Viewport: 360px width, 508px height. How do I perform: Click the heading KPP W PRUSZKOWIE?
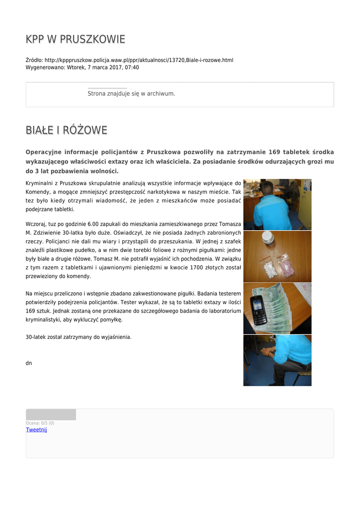click(x=75, y=39)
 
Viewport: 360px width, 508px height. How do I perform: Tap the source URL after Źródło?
click(x=139, y=60)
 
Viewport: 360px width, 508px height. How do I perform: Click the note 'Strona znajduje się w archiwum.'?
click(x=131, y=93)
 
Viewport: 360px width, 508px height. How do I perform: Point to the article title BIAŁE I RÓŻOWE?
click(x=67, y=130)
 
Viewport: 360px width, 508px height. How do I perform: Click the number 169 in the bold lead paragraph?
click(x=274, y=152)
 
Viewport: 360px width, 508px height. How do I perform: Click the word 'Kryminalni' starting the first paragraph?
click(x=39, y=183)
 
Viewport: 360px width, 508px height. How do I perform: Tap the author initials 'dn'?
click(x=29, y=363)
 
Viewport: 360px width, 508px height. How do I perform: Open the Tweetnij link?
click(x=36, y=430)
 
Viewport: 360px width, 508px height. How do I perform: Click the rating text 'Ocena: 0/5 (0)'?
click(x=40, y=423)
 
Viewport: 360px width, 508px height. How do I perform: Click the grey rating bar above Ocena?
click(x=51, y=415)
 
